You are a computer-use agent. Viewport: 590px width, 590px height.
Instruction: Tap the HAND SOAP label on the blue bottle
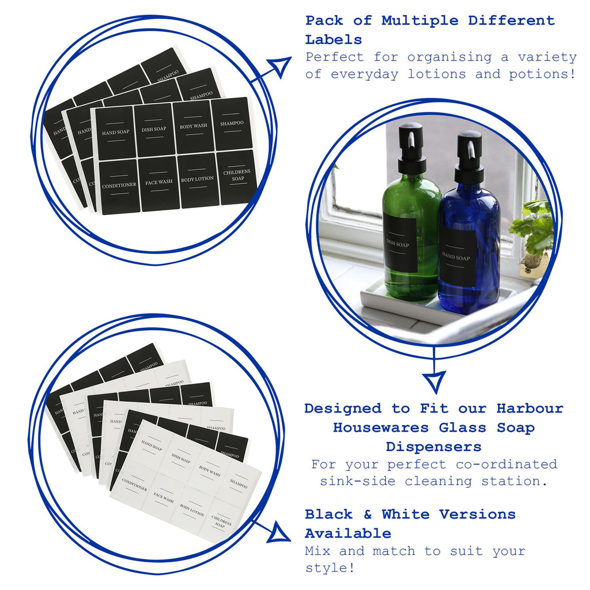coord(457,258)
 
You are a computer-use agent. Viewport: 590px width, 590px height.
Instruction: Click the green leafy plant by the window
coord(535,228)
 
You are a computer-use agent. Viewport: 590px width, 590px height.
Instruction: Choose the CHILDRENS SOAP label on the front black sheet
coord(237,176)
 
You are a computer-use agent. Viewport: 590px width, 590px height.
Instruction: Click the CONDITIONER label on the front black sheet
coord(119,186)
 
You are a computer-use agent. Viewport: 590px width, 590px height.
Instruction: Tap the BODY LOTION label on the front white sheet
coord(192,510)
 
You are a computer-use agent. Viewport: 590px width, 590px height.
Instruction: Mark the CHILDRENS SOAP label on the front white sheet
coord(222,522)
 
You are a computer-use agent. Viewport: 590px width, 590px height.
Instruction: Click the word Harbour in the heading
coord(530,409)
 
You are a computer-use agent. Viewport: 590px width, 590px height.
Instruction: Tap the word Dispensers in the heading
coord(433,447)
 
